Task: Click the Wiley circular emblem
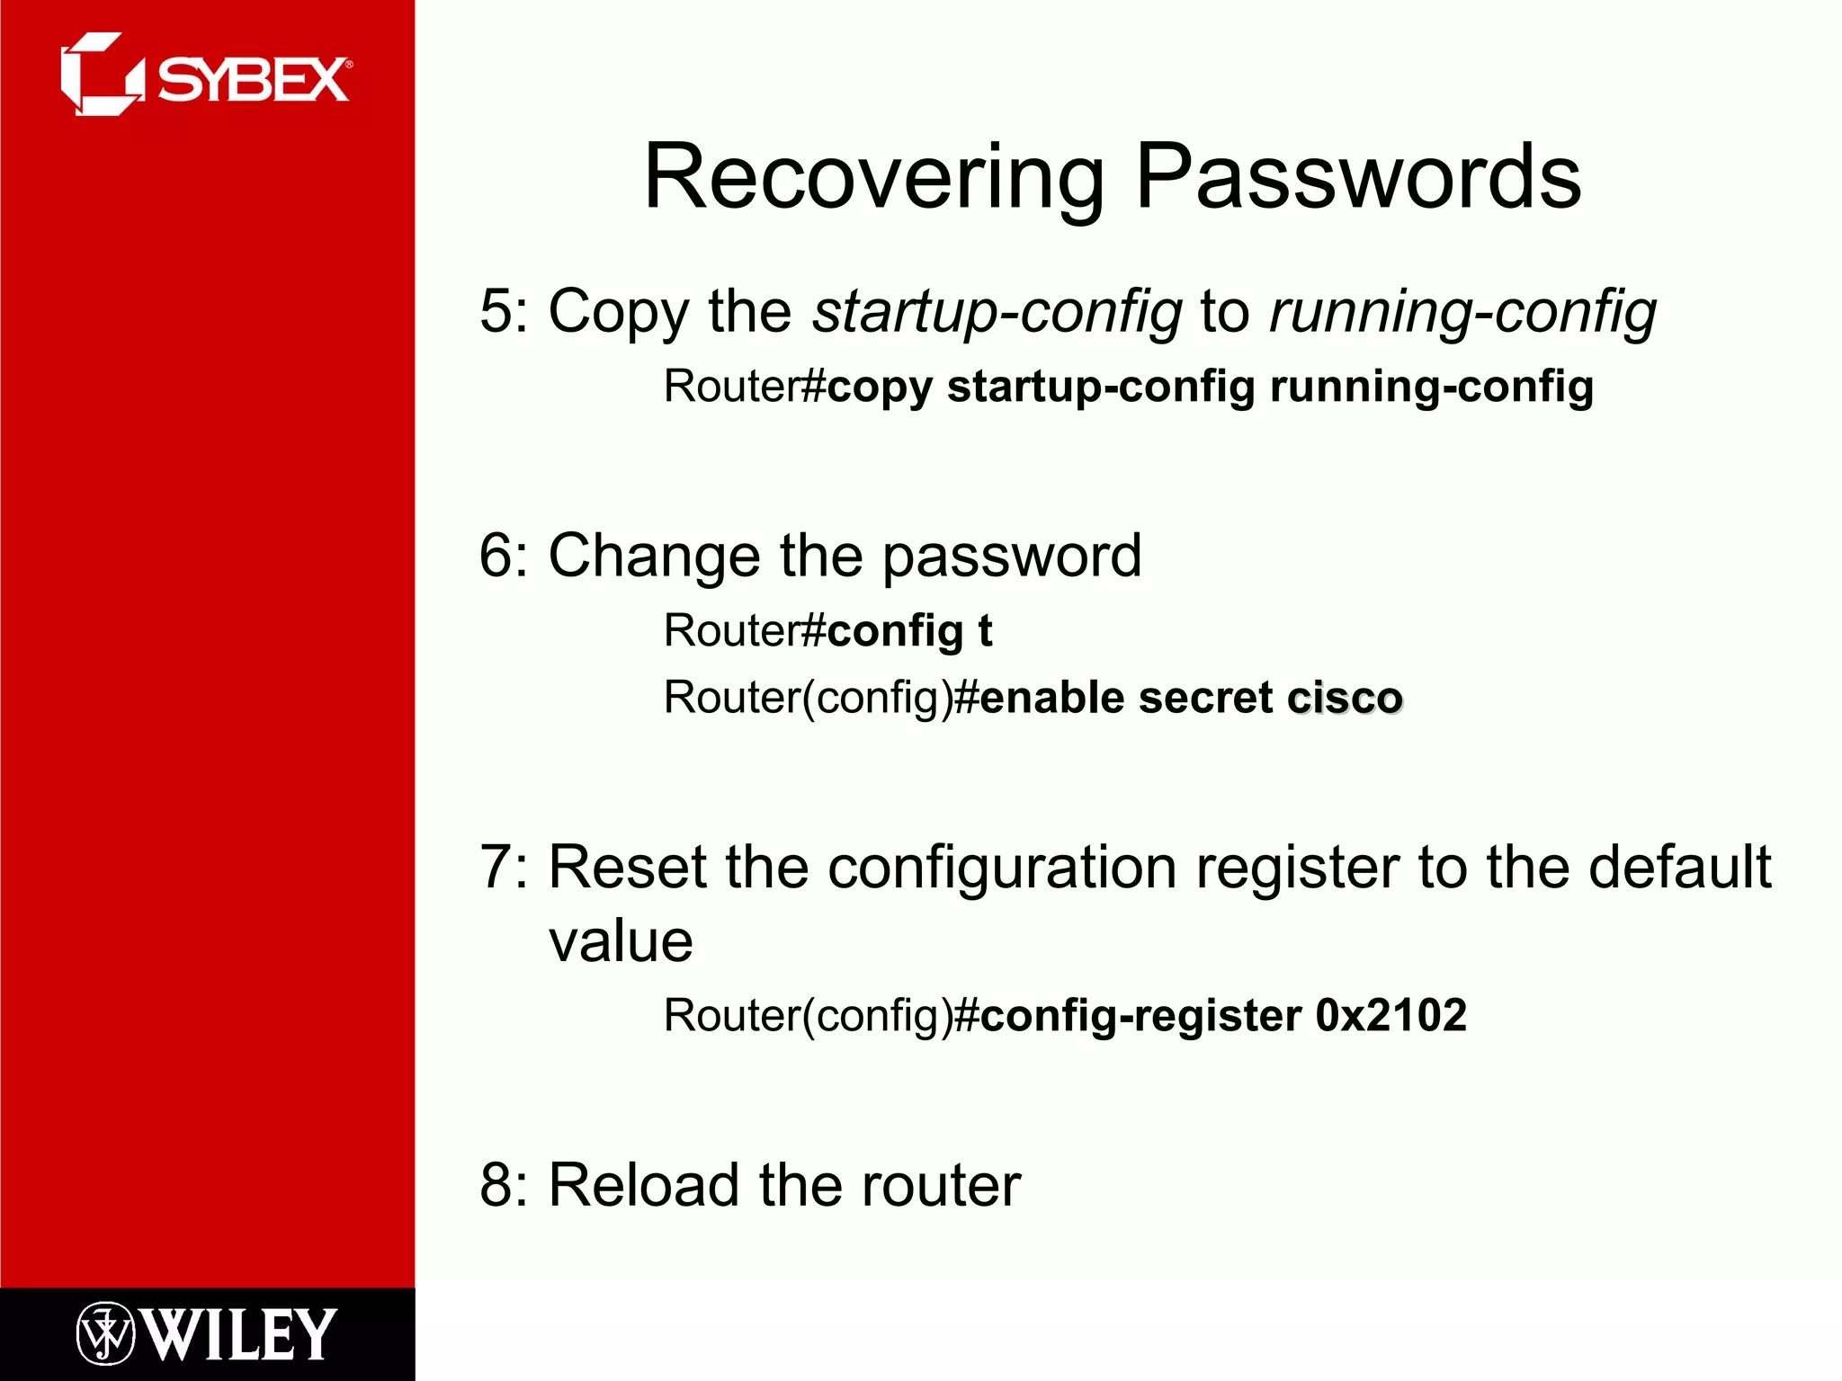(x=105, y=1333)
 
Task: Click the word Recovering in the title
(x=873, y=177)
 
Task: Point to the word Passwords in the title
(x=1358, y=177)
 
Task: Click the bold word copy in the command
(x=879, y=388)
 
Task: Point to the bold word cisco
(x=1345, y=699)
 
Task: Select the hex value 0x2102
(x=1390, y=1016)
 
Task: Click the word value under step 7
(x=621, y=942)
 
